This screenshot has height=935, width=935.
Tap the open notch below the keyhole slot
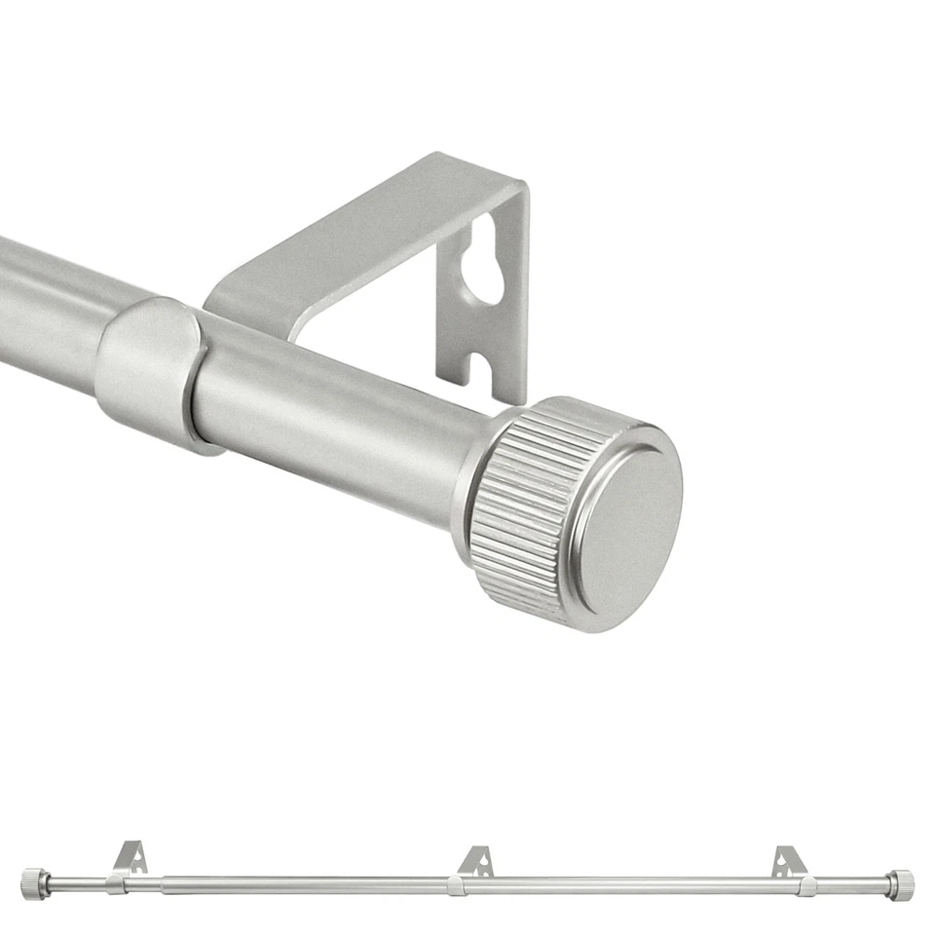coord(480,368)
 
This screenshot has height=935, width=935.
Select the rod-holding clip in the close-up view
coord(151,370)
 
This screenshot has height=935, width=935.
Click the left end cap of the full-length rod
coord(34,883)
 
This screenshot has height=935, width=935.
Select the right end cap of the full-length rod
coord(900,884)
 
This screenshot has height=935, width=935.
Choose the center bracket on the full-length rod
coord(476,860)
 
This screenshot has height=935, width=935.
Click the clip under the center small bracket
coord(455,885)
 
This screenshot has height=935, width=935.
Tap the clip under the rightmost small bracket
coord(806,885)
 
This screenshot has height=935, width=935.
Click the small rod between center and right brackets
coord(633,885)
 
